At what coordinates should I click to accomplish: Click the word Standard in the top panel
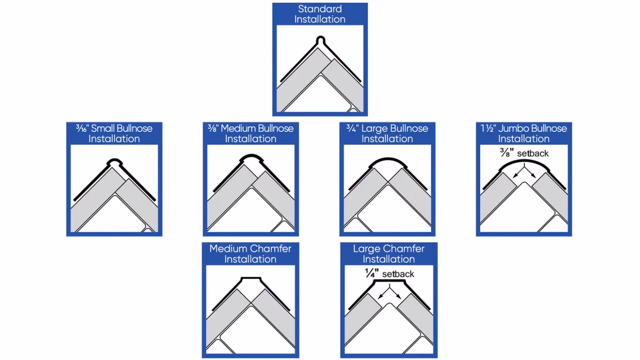click(320, 9)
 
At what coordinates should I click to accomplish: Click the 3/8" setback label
click(524, 154)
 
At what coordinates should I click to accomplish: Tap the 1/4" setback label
click(389, 274)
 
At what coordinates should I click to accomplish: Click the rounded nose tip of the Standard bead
click(320, 37)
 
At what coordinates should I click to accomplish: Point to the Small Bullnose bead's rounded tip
click(115, 159)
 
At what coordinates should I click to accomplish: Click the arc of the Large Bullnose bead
click(388, 159)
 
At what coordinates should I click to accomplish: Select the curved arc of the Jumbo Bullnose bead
click(524, 161)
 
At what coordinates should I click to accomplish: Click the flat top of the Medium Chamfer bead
click(251, 277)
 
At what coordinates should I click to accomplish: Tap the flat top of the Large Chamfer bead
click(389, 281)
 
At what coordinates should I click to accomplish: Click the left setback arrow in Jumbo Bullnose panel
click(518, 172)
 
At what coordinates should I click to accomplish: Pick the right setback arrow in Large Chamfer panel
click(395, 293)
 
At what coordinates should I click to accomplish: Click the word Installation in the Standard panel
click(320, 19)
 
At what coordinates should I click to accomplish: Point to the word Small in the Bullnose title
click(102, 128)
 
